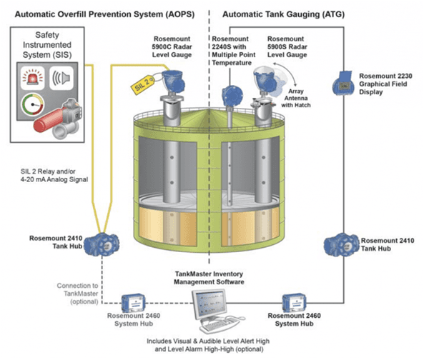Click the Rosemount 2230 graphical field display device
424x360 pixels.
[342, 84]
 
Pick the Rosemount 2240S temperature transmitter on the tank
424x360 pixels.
[230, 95]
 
